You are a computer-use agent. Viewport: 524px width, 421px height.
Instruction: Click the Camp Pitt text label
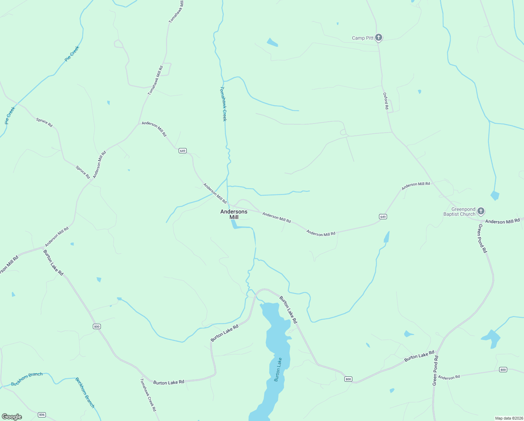coord(363,38)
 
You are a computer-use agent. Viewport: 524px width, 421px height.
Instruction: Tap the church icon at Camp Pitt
coord(378,37)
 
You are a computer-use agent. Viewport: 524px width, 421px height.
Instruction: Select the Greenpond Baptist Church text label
coord(459,212)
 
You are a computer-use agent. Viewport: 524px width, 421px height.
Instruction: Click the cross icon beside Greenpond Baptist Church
coord(481,211)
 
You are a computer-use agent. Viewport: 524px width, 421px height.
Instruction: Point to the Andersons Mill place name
coord(234,214)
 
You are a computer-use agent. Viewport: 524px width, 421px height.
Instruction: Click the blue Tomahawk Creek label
coord(223,104)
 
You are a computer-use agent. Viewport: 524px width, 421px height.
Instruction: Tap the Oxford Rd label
coord(386,101)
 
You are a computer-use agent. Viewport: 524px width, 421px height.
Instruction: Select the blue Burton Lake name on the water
coord(278,369)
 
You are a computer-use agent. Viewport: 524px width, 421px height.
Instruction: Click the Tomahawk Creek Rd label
coord(148,394)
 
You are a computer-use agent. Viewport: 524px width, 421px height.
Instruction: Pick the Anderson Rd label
coord(449,377)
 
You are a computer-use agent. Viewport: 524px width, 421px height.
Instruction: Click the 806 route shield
coord(42,415)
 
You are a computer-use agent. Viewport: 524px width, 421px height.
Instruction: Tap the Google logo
coord(12,417)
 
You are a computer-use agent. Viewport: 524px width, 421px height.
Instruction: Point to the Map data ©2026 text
coord(509,418)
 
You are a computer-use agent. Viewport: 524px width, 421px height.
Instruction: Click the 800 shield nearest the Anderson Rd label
coord(503,370)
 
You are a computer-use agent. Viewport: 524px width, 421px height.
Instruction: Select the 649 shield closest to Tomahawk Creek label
coord(182,151)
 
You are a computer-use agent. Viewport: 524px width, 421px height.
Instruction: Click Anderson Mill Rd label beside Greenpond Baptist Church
coord(502,221)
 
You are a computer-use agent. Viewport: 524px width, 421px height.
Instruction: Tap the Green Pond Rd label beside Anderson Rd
coord(435,370)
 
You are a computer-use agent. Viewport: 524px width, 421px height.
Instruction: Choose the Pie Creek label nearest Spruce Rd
coord(10,115)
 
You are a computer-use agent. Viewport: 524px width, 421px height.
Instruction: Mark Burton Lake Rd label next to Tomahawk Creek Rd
coord(168,382)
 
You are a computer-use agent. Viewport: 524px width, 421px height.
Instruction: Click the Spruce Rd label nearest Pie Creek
coord(44,122)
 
